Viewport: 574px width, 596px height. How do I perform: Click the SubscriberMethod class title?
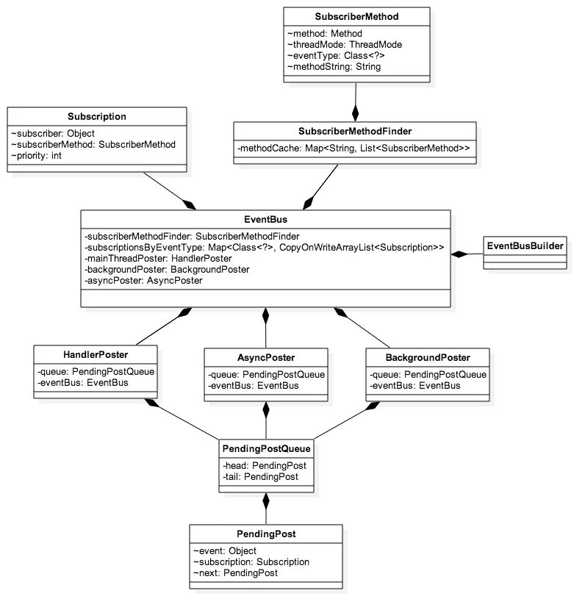coord(356,16)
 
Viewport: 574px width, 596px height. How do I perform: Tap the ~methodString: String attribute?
coord(334,67)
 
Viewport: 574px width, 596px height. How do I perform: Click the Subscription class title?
coord(97,116)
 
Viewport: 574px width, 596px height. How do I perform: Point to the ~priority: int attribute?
coord(36,156)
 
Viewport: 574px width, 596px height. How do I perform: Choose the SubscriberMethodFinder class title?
coord(355,132)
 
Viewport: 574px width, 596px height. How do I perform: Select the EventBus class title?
coord(265,219)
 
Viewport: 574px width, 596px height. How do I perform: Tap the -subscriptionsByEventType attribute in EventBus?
coord(265,248)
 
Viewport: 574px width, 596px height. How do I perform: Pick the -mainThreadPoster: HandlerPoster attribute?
coord(158,259)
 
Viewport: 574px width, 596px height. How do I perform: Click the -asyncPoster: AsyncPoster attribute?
coord(143,281)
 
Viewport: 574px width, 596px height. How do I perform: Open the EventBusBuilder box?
coord(525,246)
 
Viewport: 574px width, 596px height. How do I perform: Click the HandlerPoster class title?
coord(96,354)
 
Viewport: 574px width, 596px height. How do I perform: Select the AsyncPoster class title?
coord(265,358)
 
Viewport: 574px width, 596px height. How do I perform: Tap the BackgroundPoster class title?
coord(428,358)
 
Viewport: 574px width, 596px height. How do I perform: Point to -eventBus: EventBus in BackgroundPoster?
coord(415,385)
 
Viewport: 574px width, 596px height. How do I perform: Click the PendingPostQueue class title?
coord(267,448)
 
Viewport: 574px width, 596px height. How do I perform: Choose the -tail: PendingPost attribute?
coord(260,477)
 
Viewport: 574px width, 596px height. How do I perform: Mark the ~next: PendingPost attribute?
coord(235,573)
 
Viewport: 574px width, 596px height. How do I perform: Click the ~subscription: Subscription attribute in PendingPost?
coord(251,562)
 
